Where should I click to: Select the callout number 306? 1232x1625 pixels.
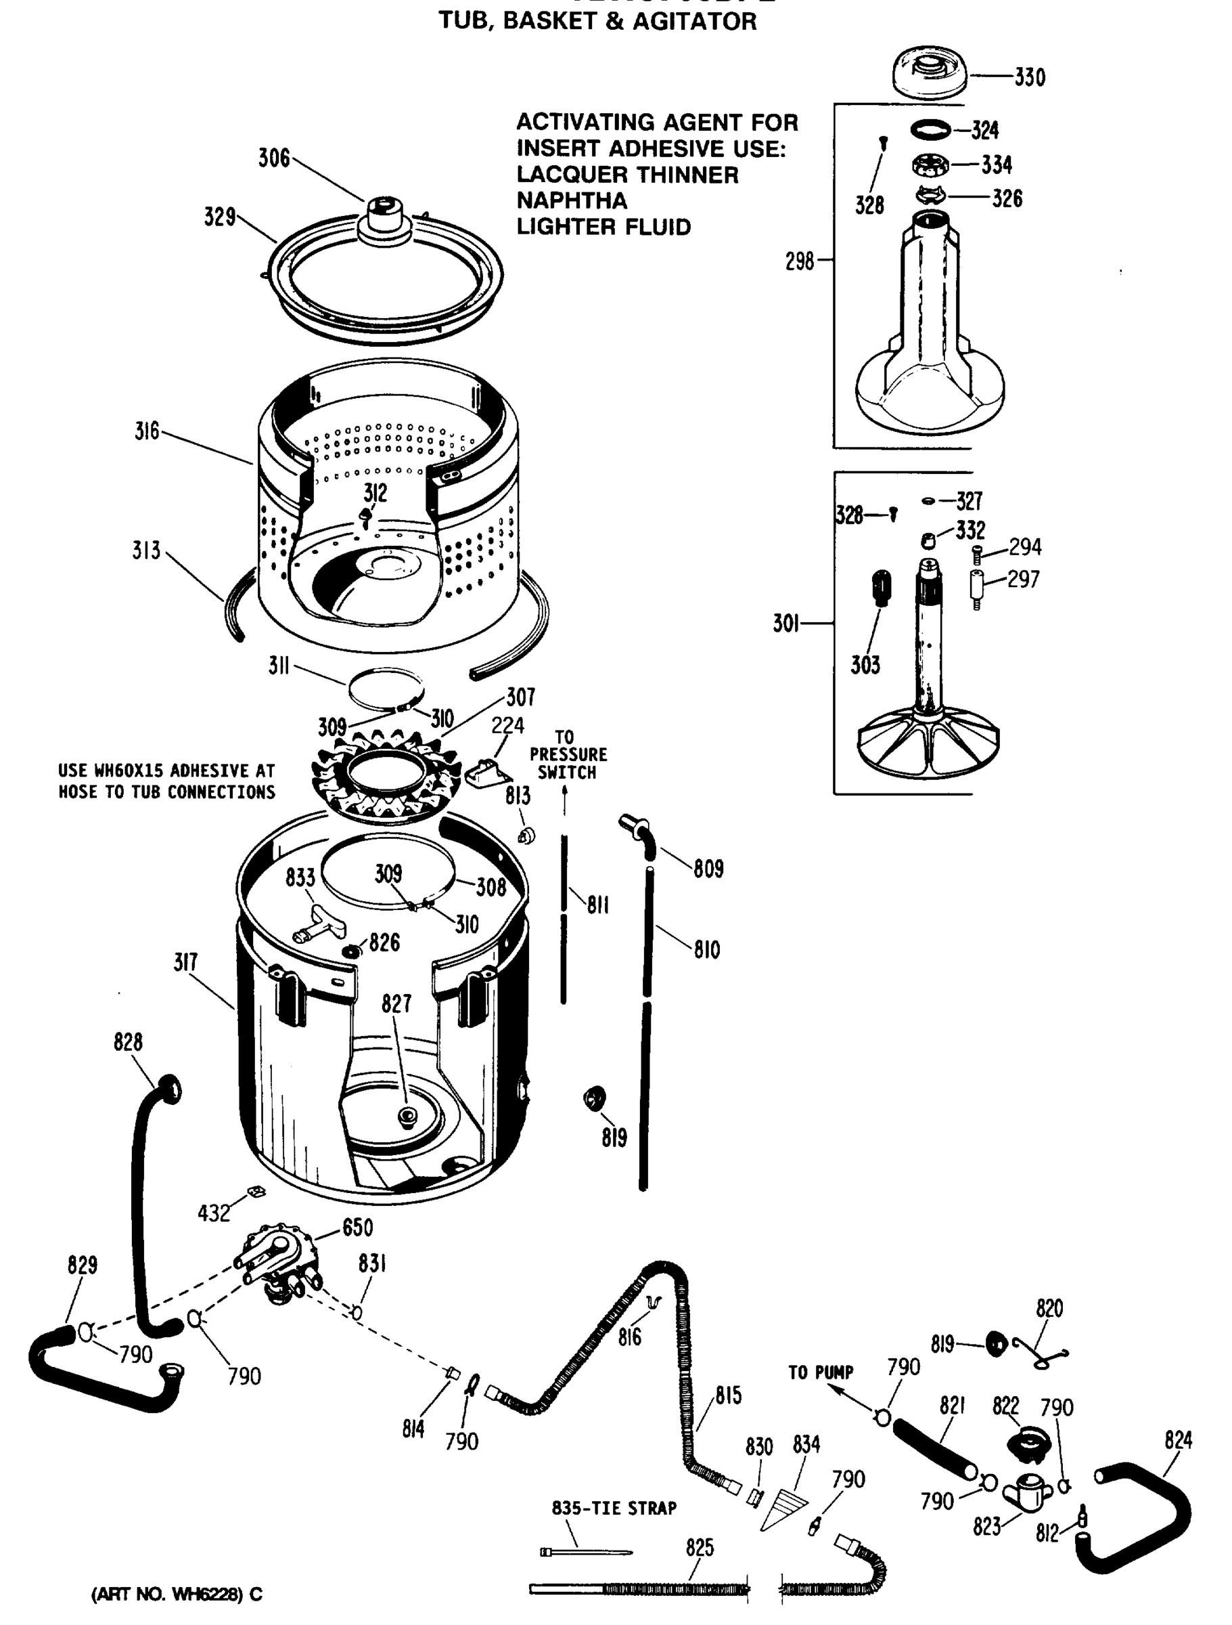(274, 158)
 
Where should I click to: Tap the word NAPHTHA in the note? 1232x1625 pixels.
(572, 200)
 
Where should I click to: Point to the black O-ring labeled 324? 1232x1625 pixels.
(930, 130)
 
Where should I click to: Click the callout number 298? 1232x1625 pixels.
(800, 261)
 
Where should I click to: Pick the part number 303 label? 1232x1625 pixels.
(865, 665)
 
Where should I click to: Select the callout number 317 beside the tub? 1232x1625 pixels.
(186, 962)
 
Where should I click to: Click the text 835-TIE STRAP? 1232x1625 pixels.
(614, 1508)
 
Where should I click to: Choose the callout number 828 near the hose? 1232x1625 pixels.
(128, 1042)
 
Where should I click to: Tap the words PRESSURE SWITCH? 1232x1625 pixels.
(568, 763)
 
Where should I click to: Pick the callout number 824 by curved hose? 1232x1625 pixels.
(1178, 1441)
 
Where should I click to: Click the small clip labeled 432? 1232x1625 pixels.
(256, 1192)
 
